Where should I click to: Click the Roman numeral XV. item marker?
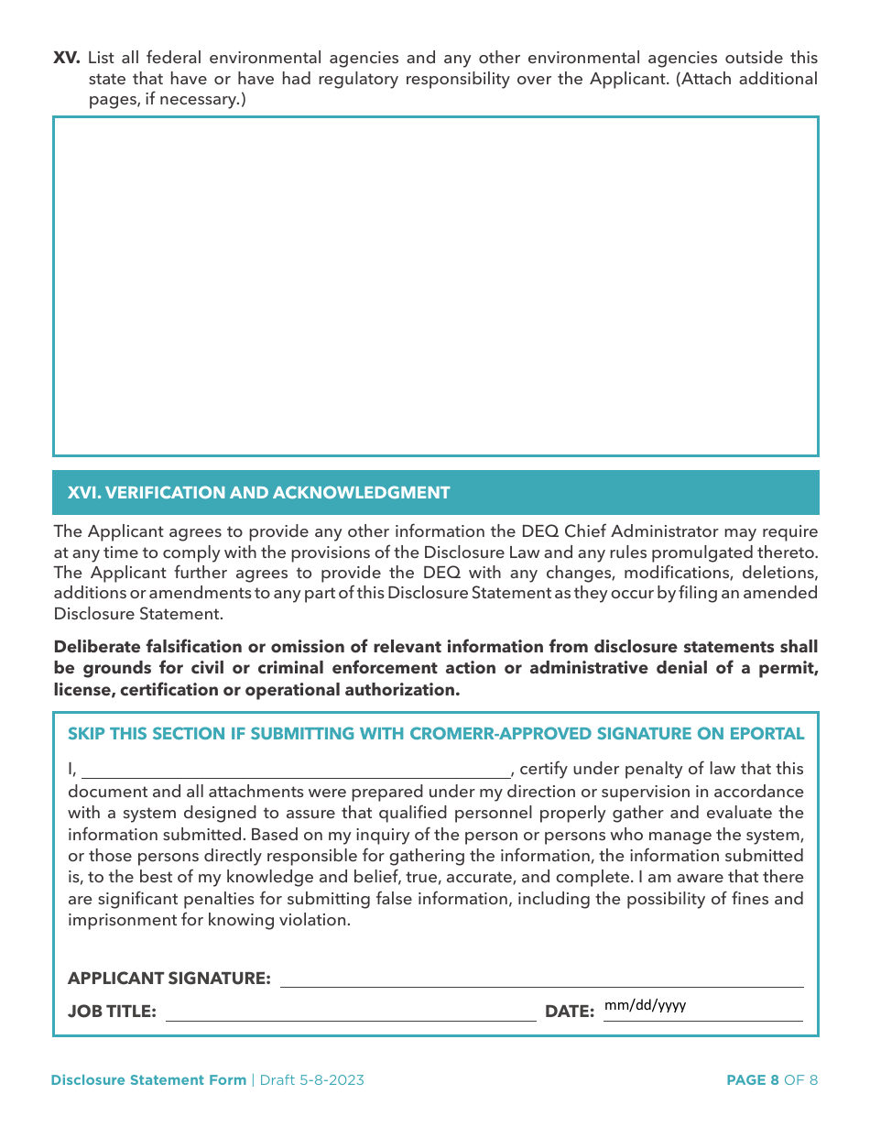tap(67, 58)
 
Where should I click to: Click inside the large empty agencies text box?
tap(436, 286)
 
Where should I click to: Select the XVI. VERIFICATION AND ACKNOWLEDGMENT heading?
tap(259, 493)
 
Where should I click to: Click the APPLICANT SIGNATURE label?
tap(169, 979)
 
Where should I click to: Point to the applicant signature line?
tap(541, 979)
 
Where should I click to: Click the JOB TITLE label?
tap(112, 1012)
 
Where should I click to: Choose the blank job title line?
tap(350, 1012)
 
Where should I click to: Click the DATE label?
tap(570, 1012)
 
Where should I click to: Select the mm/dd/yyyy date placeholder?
tap(646, 1005)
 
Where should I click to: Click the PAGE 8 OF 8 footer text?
tap(771, 1080)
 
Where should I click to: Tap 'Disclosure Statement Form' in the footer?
tap(148, 1080)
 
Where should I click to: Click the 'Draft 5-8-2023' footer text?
tap(311, 1080)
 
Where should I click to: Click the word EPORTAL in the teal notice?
tap(767, 734)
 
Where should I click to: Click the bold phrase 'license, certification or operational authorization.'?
tap(256, 690)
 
